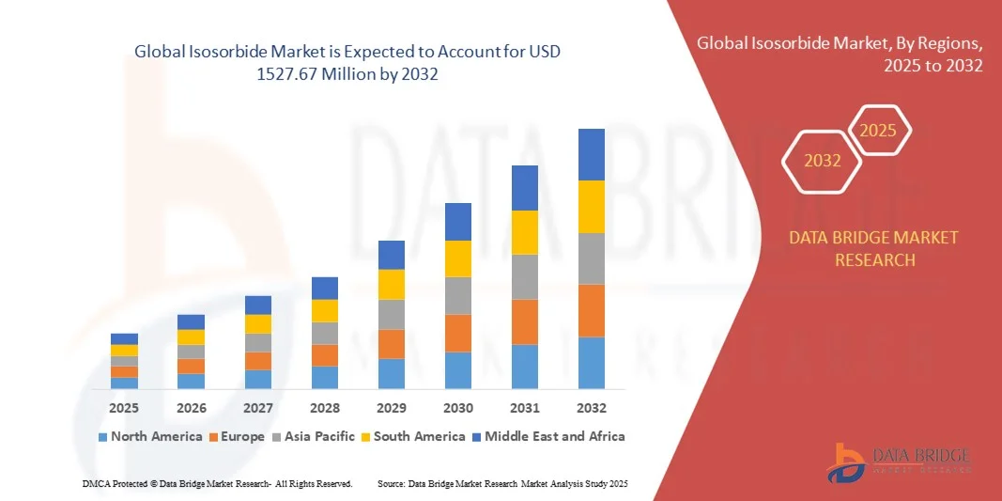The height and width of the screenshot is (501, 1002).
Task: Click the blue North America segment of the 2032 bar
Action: [591, 363]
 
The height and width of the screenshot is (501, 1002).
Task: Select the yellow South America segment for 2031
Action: [524, 232]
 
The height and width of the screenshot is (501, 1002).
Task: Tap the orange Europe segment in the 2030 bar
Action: [457, 333]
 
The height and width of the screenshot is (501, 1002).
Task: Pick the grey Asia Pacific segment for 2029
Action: [391, 314]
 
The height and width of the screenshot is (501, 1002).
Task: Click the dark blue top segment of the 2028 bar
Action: [324, 288]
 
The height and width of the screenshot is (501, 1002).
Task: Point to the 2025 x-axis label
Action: [124, 408]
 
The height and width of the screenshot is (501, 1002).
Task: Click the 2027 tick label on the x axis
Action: [257, 408]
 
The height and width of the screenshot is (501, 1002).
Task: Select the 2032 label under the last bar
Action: [591, 408]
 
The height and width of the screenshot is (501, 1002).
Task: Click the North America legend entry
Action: [150, 436]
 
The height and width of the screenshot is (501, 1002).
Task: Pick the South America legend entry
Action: [413, 436]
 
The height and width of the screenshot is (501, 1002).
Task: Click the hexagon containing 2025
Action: [879, 131]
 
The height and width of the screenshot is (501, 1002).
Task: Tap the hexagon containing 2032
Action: [823, 161]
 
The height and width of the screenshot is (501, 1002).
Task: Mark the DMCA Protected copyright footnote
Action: [217, 483]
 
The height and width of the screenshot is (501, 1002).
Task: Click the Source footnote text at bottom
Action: [501, 483]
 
